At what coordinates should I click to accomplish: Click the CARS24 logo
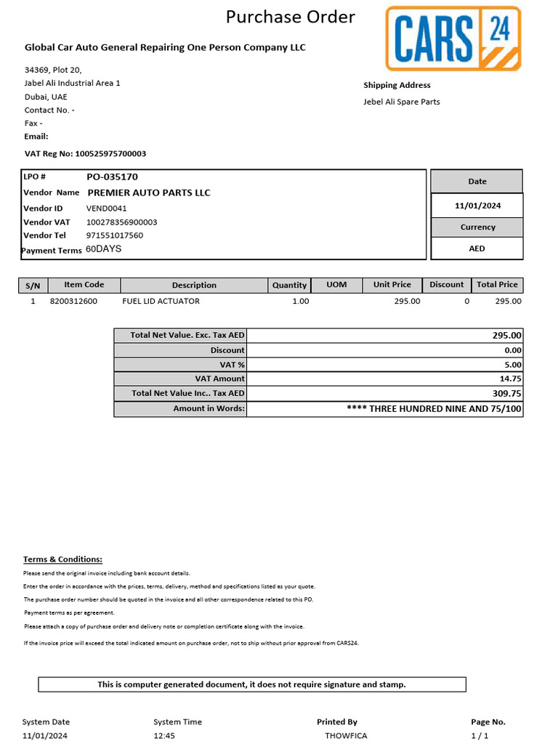(x=453, y=38)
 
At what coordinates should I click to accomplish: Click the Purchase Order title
(x=290, y=17)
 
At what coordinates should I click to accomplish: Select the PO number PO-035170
(x=112, y=177)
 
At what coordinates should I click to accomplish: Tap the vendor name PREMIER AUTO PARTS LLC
(x=149, y=193)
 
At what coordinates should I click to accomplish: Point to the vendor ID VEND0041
(x=106, y=209)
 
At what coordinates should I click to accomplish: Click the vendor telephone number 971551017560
(x=115, y=235)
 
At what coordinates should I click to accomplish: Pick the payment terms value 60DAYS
(x=104, y=248)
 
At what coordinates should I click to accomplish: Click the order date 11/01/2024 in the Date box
(x=477, y=206)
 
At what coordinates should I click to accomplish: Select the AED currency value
(x=477, y=248)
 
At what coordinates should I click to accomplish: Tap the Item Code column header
(x=84, y=285)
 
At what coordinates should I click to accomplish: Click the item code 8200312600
(x=73, y=301)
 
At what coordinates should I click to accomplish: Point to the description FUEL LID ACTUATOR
(x=161, y=301)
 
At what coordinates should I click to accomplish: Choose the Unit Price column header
(x=392, y=285)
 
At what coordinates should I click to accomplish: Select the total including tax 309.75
(x=507, y=393)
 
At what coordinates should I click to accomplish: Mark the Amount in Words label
(x=209, y=408)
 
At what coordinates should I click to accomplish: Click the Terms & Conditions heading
(x=62, y=559)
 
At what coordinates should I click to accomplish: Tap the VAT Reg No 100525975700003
(x=110, y=154)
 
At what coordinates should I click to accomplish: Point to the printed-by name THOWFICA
(x=346, y=735)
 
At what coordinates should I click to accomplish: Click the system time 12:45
(x=164, y=735)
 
